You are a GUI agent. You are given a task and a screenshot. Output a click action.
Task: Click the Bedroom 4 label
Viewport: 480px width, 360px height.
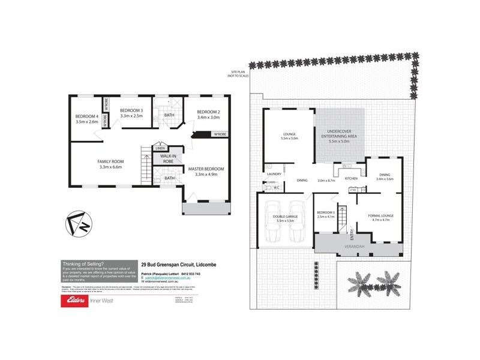tap(86, 116)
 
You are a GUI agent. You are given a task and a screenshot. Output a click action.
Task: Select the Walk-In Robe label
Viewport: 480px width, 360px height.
tap(164, 159)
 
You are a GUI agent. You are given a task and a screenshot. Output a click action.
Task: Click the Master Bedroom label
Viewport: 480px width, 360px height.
tap(206, 170)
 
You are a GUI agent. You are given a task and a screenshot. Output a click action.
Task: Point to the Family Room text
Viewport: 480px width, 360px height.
tap(110, 161)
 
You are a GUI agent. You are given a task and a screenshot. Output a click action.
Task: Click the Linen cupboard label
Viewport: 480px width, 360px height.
tap(160, 148)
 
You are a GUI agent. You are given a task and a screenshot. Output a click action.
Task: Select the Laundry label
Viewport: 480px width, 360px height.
tap(274, 174)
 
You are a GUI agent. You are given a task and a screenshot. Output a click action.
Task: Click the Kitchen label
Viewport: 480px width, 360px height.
tap(350, 178)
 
